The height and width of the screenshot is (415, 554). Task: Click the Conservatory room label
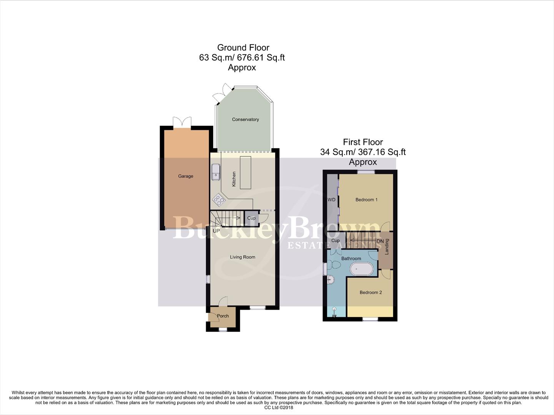click(245, 120)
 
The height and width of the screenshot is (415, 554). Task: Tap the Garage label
click(185, 176)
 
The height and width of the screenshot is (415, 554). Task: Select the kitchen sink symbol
click(216, 172)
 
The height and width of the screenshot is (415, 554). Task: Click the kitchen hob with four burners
click(219, 199)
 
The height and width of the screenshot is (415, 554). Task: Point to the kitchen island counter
click(246, 173)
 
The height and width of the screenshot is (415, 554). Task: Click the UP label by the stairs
click(216, 231)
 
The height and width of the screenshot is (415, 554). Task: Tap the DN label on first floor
click(380, 241)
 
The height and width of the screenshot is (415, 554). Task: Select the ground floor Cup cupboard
click(251, 218)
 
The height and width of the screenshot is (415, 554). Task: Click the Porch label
click(223, 316)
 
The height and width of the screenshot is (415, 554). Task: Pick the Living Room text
click(243, 257)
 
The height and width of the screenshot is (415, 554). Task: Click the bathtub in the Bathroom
click(361, 269)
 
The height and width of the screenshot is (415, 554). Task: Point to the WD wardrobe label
click(331, 200)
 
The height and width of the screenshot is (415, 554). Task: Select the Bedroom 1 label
click(366, 200)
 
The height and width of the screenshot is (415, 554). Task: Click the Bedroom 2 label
click(371, 292)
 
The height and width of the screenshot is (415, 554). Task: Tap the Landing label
click(387, 247)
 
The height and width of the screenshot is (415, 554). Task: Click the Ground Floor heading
click(243, 48)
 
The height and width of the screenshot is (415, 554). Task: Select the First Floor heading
click(363, 142)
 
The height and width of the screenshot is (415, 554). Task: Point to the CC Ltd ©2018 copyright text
click(279, 408)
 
